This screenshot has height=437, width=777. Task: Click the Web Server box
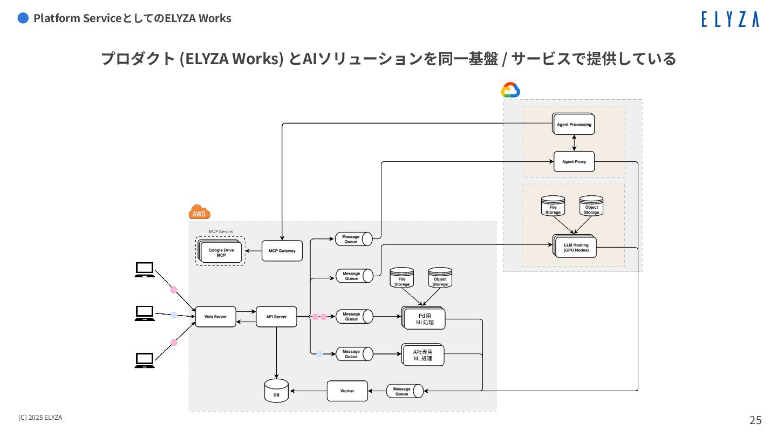click(215, 317)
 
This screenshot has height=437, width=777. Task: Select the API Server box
click(276, 317)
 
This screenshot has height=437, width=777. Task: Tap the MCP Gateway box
click(282, 251)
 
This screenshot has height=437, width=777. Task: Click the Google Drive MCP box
click(221, 252)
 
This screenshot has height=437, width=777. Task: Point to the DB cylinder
click(276, 391)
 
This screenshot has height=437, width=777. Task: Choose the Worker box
click(347, 391)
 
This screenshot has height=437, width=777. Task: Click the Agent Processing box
click(574, 125)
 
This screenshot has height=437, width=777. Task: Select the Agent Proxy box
click(574, 161)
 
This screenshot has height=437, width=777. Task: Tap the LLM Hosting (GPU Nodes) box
click(576, 248)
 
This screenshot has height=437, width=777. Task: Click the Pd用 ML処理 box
click(424, 319)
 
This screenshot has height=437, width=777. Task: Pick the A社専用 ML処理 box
click(424, 355)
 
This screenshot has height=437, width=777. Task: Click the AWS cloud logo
click(199, 213)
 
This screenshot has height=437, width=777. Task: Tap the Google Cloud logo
click(510, 90)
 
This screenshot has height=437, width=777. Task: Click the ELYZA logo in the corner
click(730, 19)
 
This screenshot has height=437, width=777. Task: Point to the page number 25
click(755, 420)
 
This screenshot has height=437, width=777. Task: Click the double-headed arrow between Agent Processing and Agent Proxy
click(574, 143)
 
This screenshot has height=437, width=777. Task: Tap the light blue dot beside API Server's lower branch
click(319, 354)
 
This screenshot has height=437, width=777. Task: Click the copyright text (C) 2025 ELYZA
click(40, 418)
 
